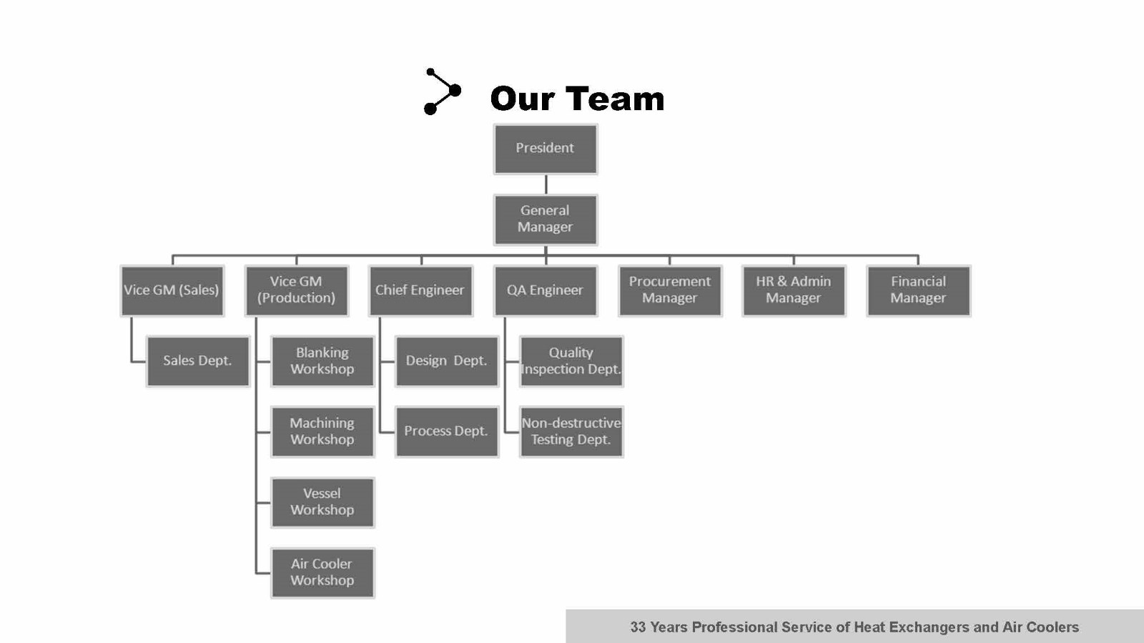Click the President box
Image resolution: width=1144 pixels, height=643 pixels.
[545, 149]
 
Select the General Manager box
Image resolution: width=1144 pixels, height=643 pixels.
[545, 220]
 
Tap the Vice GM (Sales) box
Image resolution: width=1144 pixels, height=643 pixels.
[172, 290]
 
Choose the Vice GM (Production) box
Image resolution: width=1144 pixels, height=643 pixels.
[296, 290]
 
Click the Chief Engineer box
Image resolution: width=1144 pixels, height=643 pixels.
[420, 290]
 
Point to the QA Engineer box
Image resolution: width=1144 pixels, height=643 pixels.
[545, 290]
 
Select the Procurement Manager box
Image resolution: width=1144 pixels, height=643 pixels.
[669, 290]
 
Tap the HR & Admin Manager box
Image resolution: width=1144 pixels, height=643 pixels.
[794, 290]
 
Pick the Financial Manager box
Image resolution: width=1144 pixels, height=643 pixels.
[918, 290]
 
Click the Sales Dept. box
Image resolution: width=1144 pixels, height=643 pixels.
[197, 361]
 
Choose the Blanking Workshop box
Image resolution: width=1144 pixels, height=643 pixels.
[322, 361]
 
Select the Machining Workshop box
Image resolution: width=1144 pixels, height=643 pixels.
[322, 431]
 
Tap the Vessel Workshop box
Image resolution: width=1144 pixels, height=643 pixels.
[322, 502]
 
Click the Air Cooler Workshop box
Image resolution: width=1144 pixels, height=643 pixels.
[322, 572]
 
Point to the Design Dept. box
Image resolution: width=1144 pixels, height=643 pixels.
[446, 361]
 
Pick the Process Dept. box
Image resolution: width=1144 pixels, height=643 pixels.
[446, 431]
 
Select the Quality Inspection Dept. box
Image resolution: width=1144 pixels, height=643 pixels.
[571, 361]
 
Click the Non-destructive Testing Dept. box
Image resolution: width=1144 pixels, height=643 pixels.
[571, 431]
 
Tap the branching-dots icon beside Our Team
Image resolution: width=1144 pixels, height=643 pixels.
[442, 92]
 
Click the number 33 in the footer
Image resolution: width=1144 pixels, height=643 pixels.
[638, 627]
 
